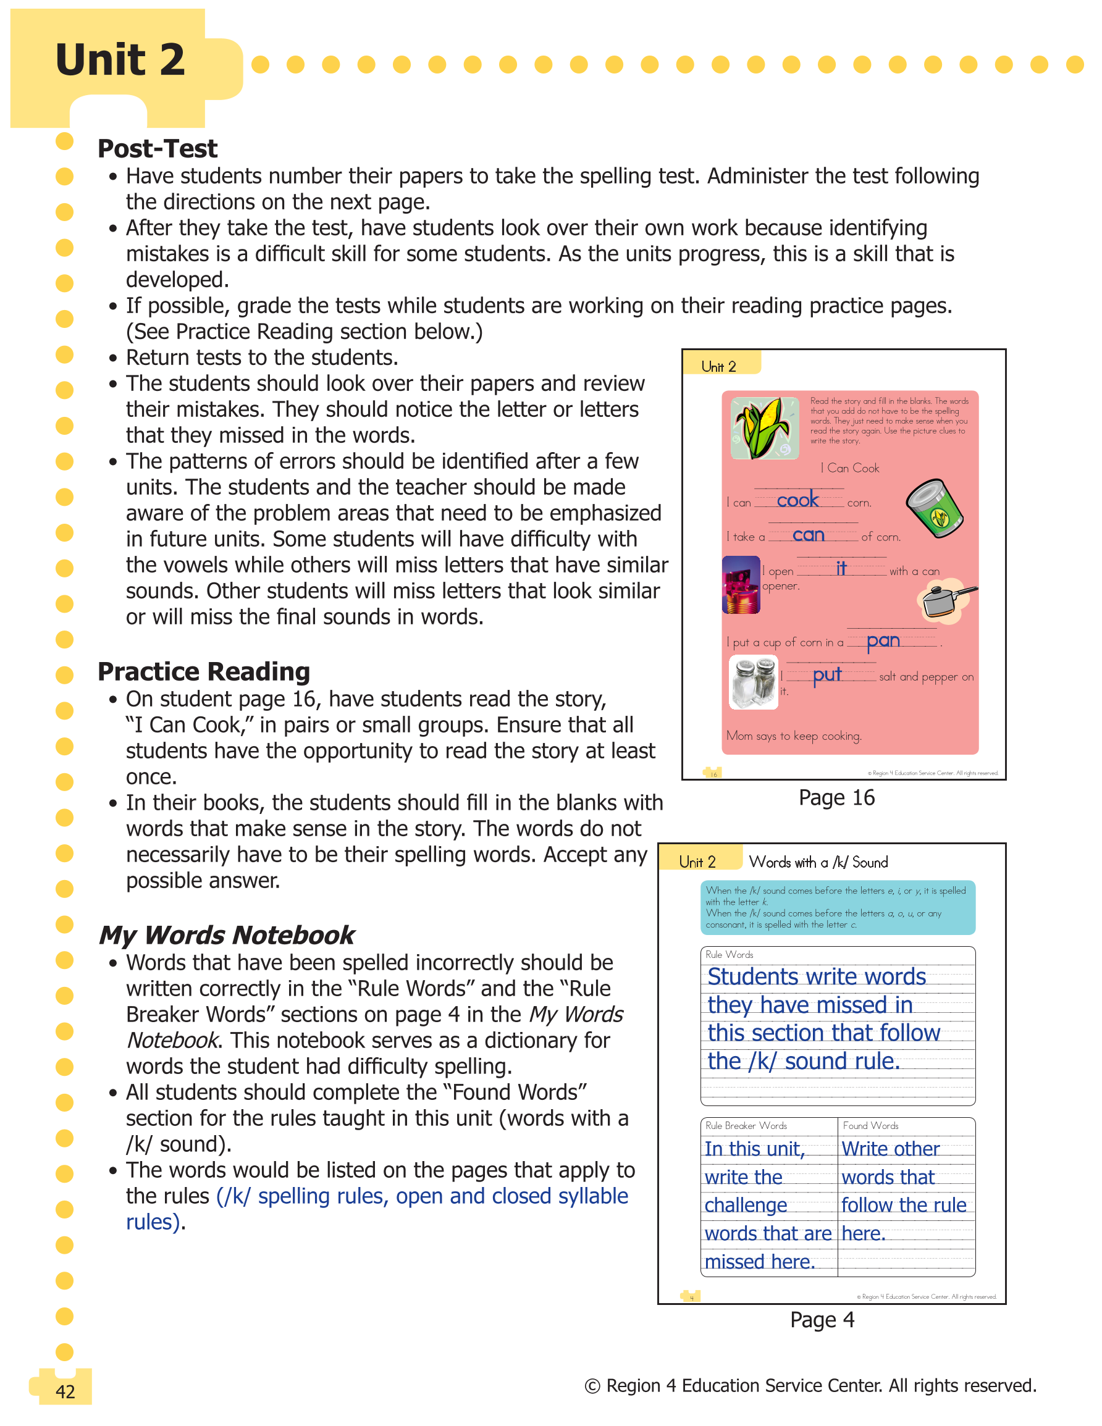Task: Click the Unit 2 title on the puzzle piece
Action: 120,60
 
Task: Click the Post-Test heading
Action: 157,149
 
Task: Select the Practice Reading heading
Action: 204,672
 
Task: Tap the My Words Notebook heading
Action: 226,936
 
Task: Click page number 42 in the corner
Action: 65,1391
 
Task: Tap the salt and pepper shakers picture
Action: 754,683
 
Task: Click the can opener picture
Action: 741,585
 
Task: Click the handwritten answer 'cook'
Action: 797,500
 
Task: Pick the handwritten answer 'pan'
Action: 883,641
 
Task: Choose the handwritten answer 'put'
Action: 826,675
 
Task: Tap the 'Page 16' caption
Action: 836,798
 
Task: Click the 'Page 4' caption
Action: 822,1320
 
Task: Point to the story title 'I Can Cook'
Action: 850,468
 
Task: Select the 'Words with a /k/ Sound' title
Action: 818,863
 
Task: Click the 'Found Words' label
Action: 870,1126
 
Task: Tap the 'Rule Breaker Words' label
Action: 746,1126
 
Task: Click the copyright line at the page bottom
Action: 810,1385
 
